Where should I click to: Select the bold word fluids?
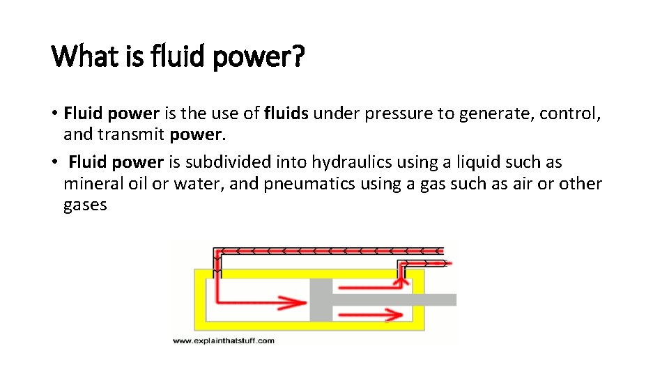pos(286,113)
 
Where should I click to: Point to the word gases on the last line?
pos(85,205)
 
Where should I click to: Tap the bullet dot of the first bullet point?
pos(54,113)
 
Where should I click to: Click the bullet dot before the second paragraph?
pos(54,162)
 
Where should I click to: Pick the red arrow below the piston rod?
pos(369,316)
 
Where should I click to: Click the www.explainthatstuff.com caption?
pos(223,340)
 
